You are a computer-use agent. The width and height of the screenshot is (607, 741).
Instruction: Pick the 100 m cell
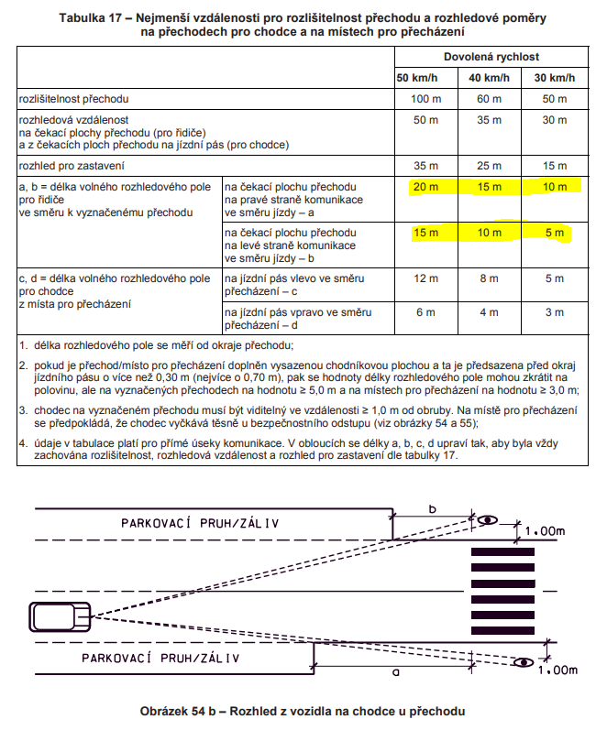pyautogui.click(x=420, y=97)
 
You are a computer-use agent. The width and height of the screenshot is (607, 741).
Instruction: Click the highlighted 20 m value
pyautogui.click(x=425, y=187)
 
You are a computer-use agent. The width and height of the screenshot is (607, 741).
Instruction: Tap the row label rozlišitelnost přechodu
pyautogui.click(x=74, y=97)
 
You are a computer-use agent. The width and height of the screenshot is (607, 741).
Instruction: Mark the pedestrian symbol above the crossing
pyautogui.click(x=488, y=519)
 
